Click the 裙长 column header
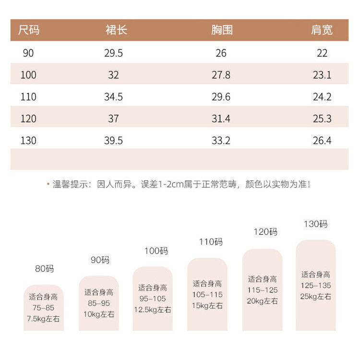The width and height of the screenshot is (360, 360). pyautogui.click(x=116, y=30)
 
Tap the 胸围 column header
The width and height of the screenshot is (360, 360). pyautogui.click(x=222, y=30)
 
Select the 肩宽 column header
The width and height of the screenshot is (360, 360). pyautogui.click(x=322, y=30)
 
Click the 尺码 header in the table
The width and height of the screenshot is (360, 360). pyautogui.click(x=29, y=30)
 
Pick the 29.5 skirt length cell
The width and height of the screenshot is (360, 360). pyautogui.click(x=113, y=53)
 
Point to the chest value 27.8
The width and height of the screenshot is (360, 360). pyautogui.click(x=221, y=75)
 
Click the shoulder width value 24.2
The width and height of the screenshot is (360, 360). pyautogui.click(x=322, y=97)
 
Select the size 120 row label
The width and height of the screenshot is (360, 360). pyautogui.click(x=28, y=119)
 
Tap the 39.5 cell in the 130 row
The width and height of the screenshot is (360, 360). pyautogui.click(x=113, y=141)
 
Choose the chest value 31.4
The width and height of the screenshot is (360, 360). pyautogui.click(x=221, y=119)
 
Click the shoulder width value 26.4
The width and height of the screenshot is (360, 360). pyautogui.click(x=322, y=141)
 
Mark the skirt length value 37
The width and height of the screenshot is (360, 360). pyautogui.click(x=113, y=119)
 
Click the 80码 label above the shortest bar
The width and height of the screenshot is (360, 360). pyautogui.click(x=44, y=269)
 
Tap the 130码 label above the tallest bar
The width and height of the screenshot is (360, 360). pyautogui.click(x=316, y=224)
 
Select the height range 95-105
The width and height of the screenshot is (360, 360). pyautogui.click(x=153, y=299)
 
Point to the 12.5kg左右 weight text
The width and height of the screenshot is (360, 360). pyautogui.click(x=153, y=310)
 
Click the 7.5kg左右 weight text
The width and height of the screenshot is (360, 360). pyautogui.click(x=43, y=319)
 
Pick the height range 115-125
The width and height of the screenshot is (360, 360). pyautogui.click(x=263, y=290)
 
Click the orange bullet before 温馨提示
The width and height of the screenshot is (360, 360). pyautogui.click(x=48, y=184)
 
